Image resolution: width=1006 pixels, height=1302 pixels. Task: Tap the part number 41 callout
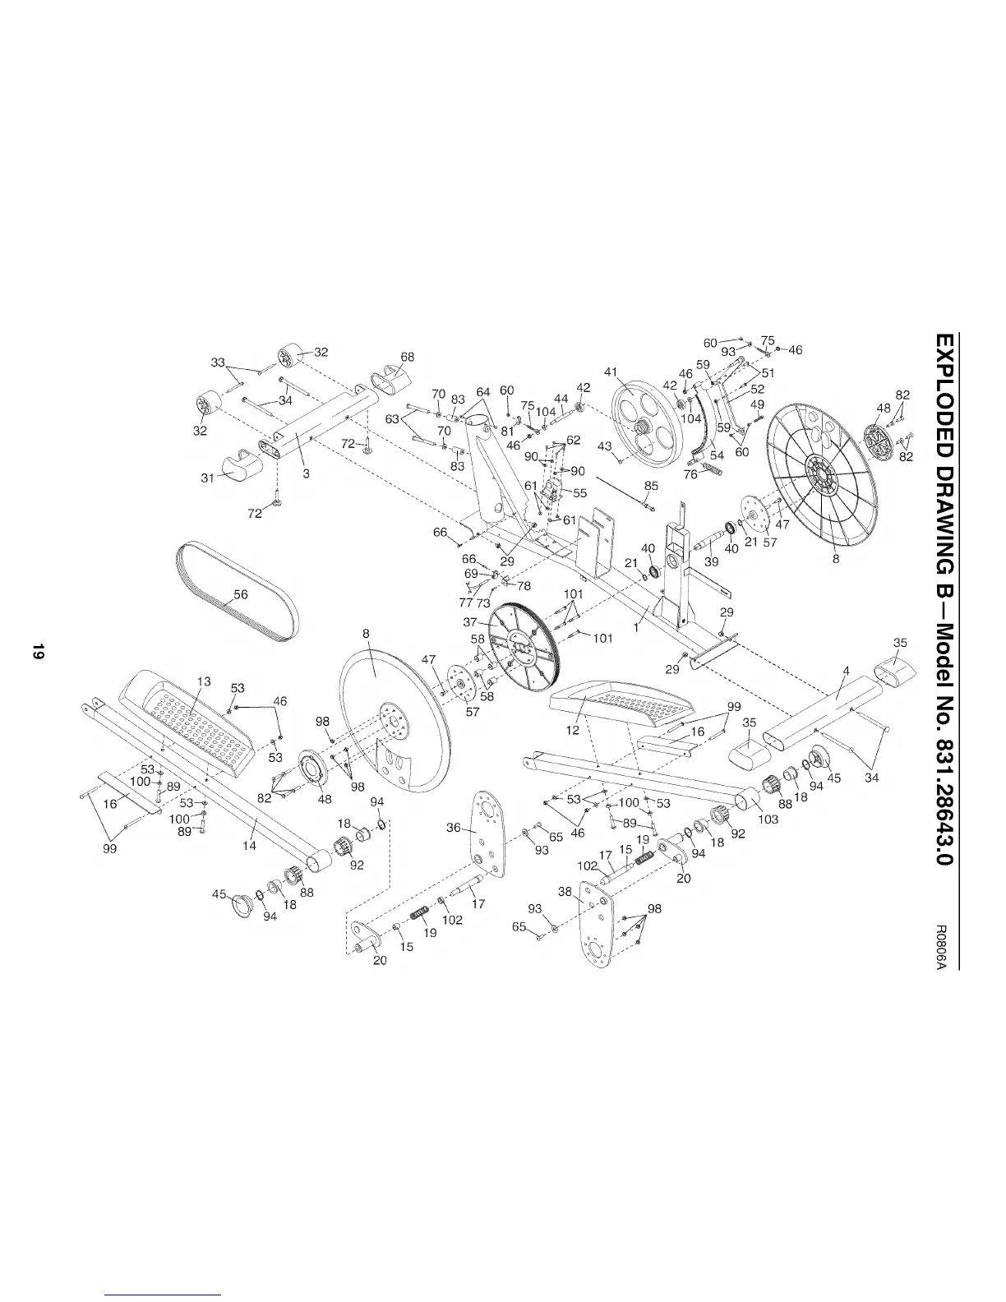pos(610,372)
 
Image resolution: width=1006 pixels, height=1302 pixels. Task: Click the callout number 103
pos(768,820)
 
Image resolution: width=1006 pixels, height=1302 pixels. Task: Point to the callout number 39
pos(712,561)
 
